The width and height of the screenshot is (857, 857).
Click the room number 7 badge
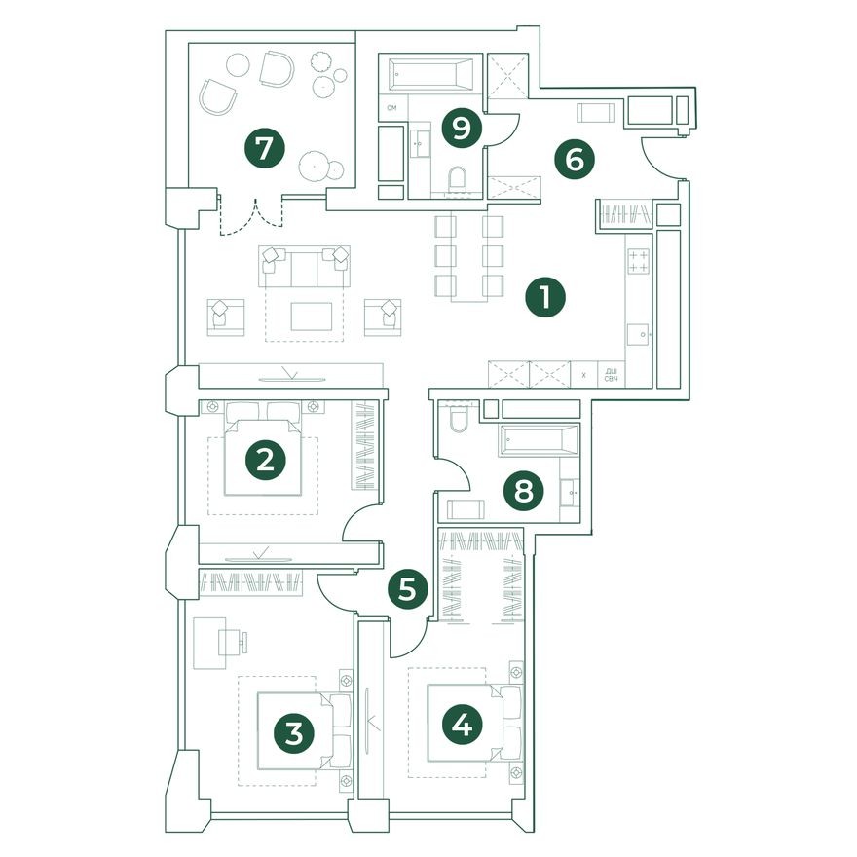(265, 148)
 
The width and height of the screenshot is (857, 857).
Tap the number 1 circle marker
(545, 297)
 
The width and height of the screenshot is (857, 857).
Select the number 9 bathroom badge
(462, 129)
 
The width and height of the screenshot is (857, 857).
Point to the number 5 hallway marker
(407, 590)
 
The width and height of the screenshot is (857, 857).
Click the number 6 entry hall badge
(575, 160)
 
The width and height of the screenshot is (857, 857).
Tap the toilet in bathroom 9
(457, 179)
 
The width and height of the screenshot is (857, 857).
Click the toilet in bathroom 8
(458, 419)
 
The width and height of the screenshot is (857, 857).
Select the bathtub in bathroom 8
(539, 440)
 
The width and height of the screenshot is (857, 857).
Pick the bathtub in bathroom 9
(431, 74)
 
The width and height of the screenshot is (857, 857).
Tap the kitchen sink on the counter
(638, 334)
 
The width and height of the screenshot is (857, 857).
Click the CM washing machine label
(391, 108)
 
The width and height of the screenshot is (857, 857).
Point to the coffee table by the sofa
(312, 317)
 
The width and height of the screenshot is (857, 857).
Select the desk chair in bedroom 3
(233, 642)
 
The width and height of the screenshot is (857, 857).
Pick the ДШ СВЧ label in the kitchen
(611, 375)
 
